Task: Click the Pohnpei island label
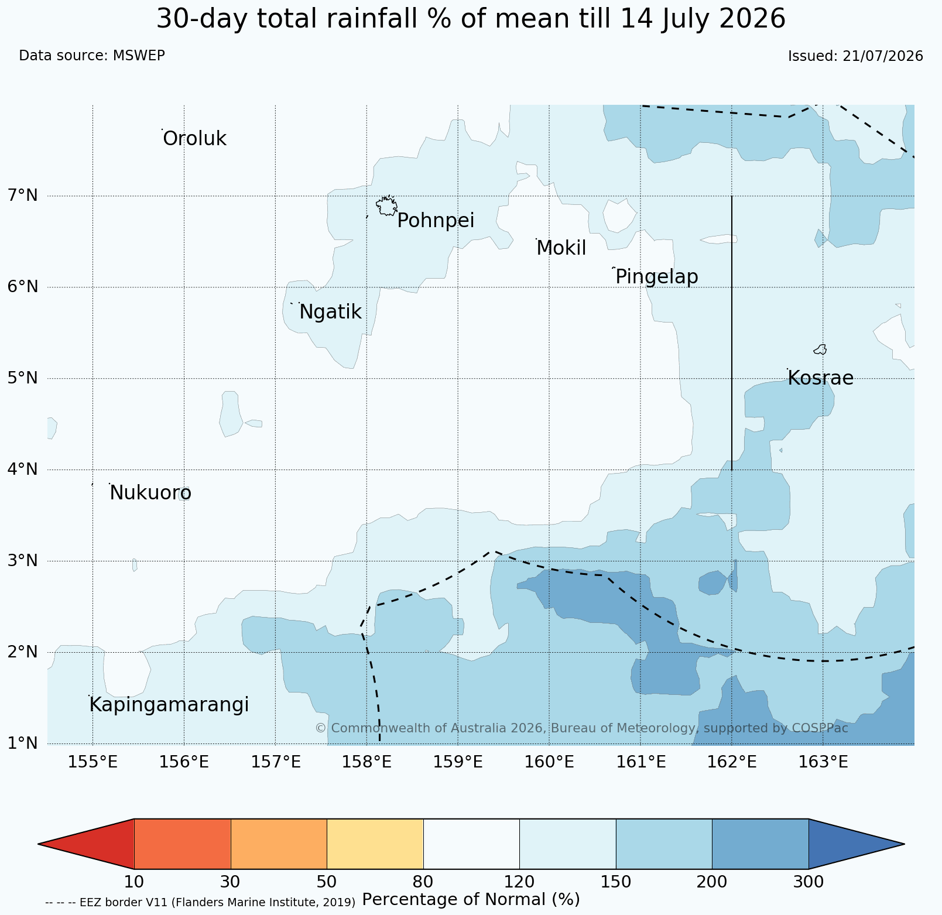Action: point(436,221)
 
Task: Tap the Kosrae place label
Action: point(820,378)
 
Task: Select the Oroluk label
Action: point(194,139)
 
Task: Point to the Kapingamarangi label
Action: point(169,705)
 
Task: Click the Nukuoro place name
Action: point(150,494)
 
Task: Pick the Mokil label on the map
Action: point(561,248)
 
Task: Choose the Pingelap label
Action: point(657,277)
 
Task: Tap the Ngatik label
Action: point(330,313)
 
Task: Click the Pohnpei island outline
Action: point(386,206)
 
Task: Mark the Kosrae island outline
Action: point(820,349)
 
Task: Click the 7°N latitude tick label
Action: point(23,196)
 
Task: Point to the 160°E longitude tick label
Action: point(549,762)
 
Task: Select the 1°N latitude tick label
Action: point(23,743)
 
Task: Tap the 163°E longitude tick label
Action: point(823,762)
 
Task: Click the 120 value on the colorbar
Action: point(519,882)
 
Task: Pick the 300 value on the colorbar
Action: point(809,882)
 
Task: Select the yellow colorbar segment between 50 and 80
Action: point(375,844)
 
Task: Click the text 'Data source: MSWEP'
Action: point(92,56)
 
